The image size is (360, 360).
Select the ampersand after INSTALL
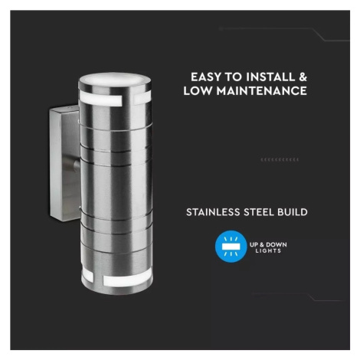click(x=303, y=77)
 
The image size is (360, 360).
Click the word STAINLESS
click(x=213, y=212)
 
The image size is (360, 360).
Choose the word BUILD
click(x=293, y=212)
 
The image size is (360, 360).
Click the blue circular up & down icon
click(x=231, y=247)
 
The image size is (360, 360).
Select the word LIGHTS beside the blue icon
click(x=268, y=250)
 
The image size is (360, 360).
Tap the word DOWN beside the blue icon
click(x=277, y=244)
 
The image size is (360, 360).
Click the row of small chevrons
click(x=280, y=159)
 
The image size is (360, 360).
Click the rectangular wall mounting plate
click(x=64, y=163)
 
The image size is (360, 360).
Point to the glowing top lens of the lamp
click(x=114, y=78)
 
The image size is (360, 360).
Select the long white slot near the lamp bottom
click(x=127, y=280)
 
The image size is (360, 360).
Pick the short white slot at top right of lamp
click(x=142, y=98)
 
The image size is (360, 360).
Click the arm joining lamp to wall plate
click(x=77, y=165)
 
